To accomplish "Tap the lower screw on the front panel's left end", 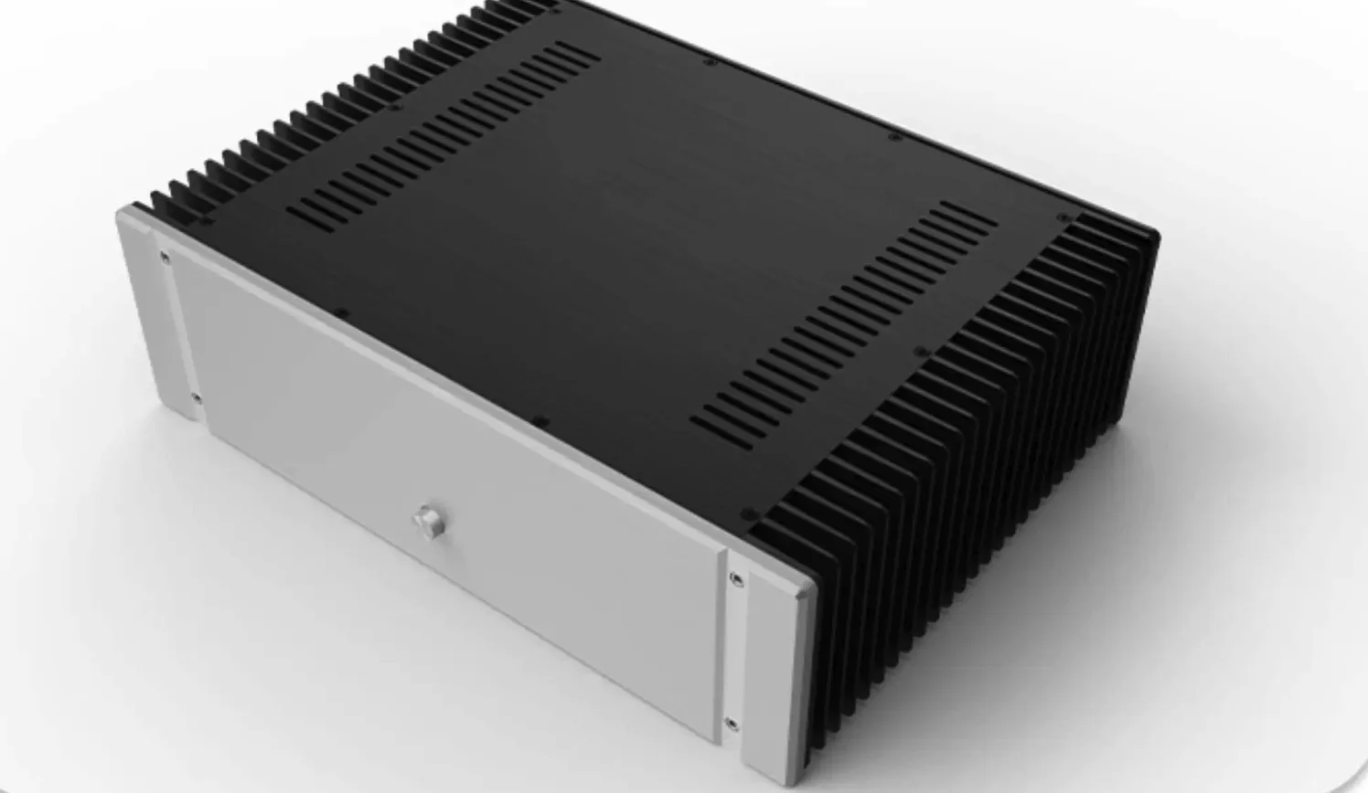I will tap(196, 397).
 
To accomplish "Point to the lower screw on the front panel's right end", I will tap(732, 725).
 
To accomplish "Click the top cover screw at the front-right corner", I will tap(749, 514).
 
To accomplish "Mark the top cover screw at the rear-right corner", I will tap(1063, 218).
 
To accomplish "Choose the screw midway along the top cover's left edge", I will tap(396, 107).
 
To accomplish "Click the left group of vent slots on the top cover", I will tap(444, 132).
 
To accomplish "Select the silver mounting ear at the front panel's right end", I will tap(777, 667).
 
